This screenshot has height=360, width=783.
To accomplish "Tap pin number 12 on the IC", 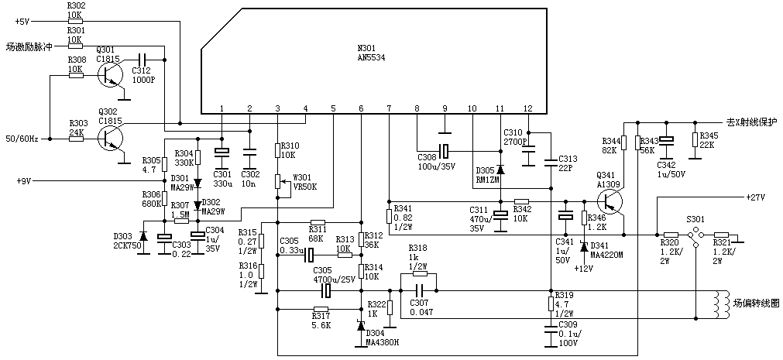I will click(x=528, y=108).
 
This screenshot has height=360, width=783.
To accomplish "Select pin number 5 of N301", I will click(x=333, y=108).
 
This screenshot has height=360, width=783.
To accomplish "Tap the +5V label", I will click(x=22, y=21).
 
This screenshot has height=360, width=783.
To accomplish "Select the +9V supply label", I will click(x=23, y=181).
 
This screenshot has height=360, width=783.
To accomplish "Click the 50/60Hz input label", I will click(x=21, y=139).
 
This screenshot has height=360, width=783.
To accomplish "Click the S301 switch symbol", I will click(x=695, y=235).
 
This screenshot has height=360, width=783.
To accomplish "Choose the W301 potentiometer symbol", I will click(x=277, y=182).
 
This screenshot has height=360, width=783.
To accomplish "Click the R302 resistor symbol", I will click(x=75, y=21).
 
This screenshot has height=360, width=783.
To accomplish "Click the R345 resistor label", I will click(x=707, y=136).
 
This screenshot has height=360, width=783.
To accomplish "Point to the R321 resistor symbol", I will click(x=721, y=235).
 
